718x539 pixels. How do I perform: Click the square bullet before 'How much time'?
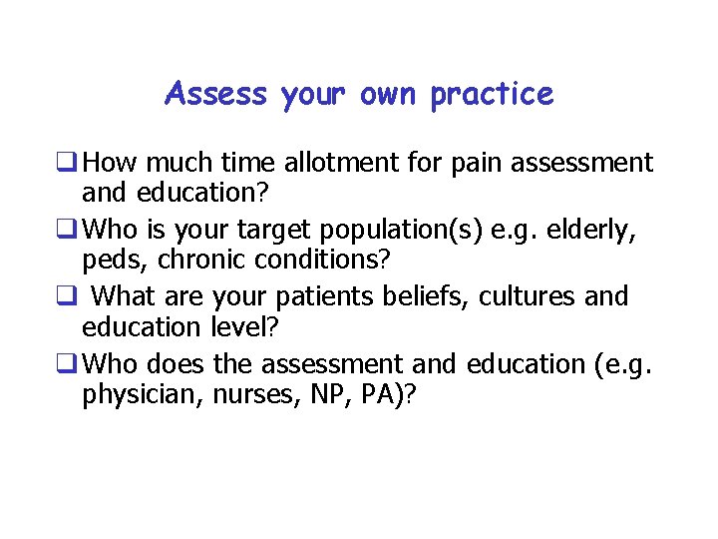click(71, 163)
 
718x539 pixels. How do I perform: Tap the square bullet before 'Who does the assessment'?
click(71, 364)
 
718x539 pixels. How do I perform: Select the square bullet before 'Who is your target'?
click(71, 231)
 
